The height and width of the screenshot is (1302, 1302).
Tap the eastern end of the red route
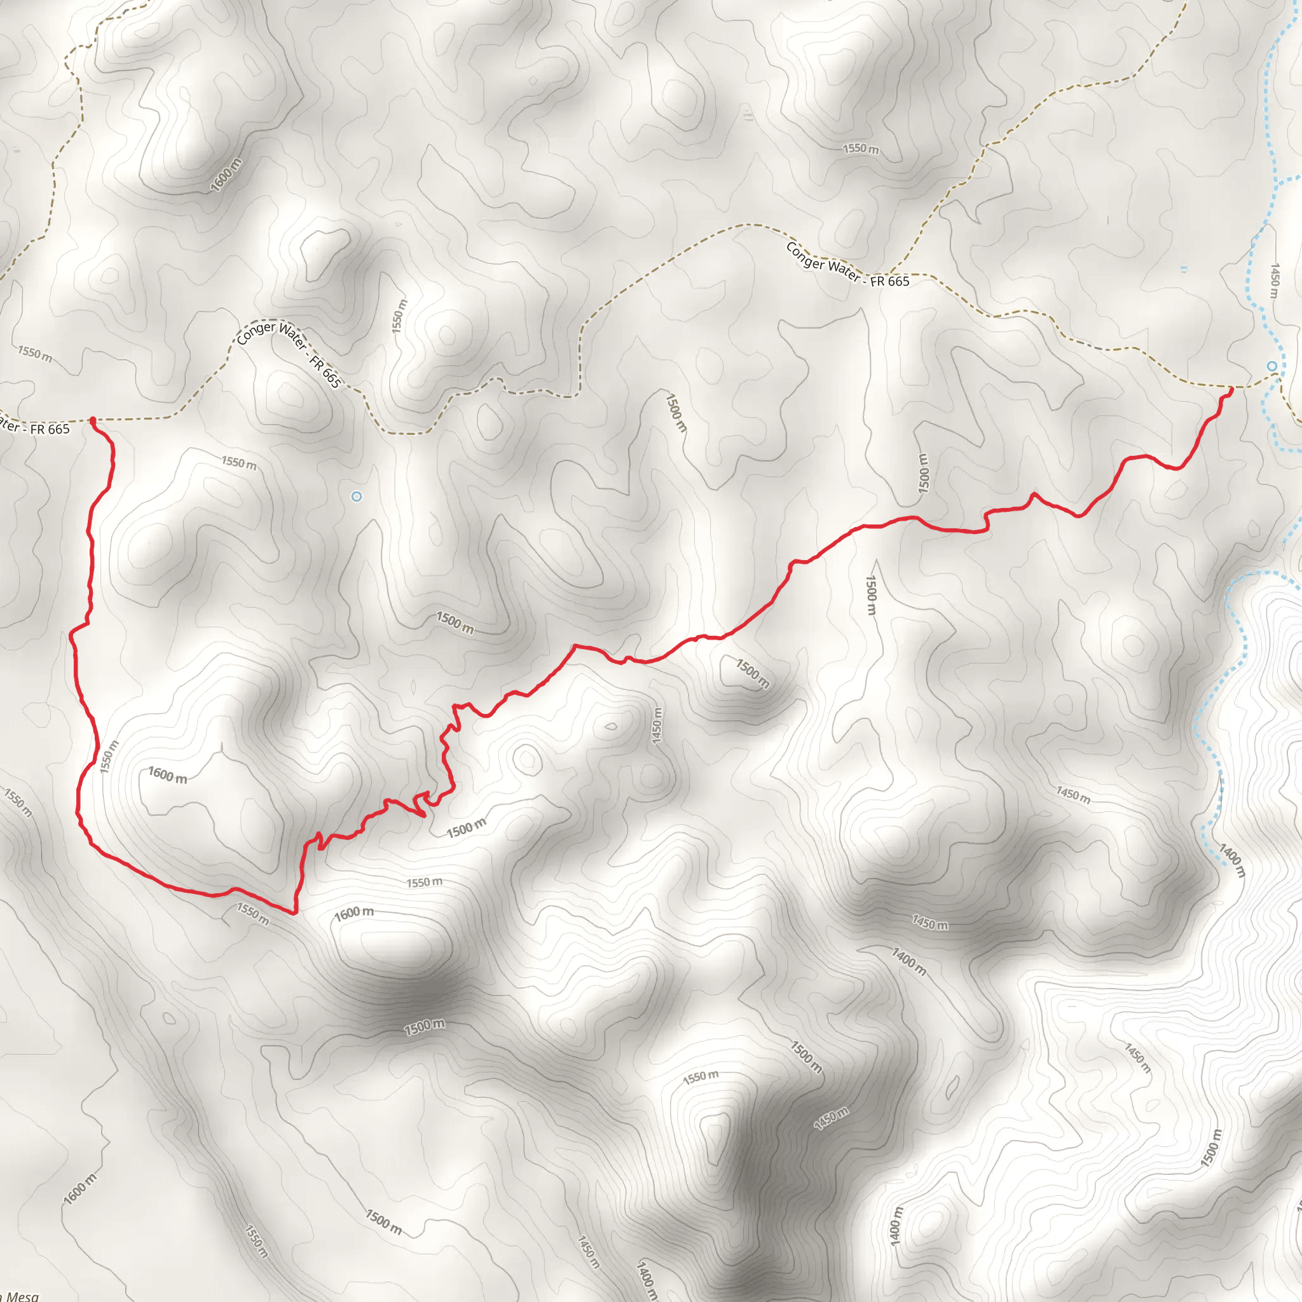1231,389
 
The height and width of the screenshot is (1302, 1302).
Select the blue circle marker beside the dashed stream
1271,366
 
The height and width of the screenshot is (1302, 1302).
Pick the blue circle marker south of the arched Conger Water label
357,497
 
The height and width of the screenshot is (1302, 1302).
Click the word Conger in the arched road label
257,333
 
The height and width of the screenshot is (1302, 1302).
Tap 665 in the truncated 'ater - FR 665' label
58,429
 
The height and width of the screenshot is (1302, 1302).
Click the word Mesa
22,1296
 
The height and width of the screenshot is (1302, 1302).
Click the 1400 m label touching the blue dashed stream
1231,861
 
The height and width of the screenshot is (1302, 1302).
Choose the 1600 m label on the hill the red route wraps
168,776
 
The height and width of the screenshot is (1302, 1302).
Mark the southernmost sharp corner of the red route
294,913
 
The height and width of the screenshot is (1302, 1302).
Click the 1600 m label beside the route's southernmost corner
354,913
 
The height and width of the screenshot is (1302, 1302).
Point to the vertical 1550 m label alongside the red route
109,757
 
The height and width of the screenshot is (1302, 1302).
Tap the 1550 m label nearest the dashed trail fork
861,148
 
